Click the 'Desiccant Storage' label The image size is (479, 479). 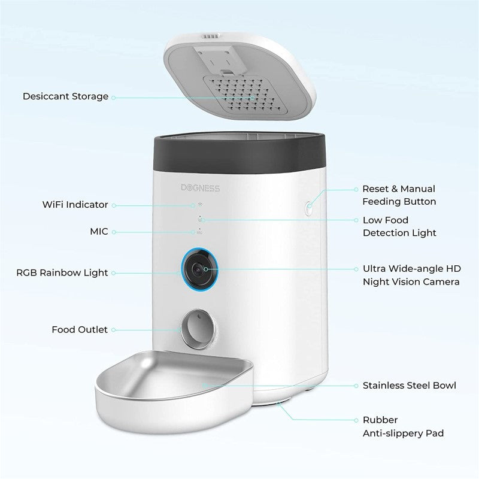(x=65, y=96)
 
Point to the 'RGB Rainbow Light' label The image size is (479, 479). (x=62, y=273)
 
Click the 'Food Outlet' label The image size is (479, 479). (x=80, y=329)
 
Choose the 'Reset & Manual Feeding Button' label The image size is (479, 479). (x=399, y=195)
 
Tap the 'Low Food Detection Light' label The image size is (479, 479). (x=399, y=226)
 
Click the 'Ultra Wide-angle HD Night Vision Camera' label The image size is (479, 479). (x=411, y=275)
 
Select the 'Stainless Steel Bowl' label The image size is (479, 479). (x=409, y=386)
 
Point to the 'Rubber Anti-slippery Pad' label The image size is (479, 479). (x=403, y=426)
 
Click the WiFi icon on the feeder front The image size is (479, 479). (x=199, y=204)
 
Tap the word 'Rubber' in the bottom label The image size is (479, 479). (x=380, y=420)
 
